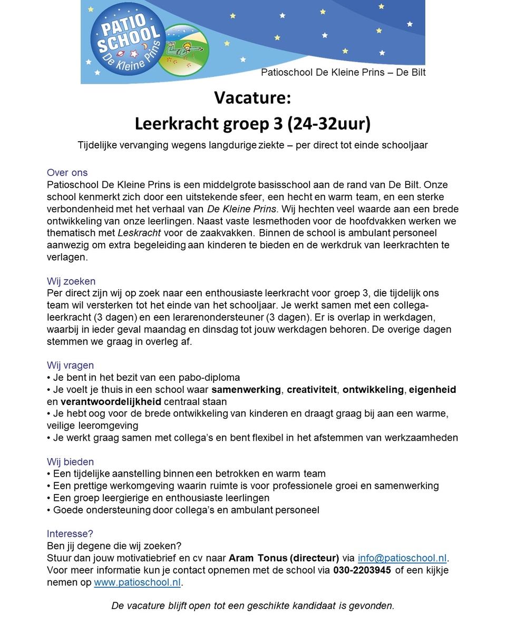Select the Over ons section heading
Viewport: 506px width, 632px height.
(x=67, y=173)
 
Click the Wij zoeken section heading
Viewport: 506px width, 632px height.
(x=71, y=281)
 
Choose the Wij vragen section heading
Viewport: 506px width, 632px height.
(x=70, y=366)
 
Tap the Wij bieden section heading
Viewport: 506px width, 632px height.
(x=70, y=462)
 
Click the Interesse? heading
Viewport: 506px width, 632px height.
(x=70, y=534)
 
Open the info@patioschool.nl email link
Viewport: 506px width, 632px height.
(x=402, y=558)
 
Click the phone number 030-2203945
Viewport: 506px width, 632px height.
(x=362, y=570)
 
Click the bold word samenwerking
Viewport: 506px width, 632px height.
(x=246, y=390)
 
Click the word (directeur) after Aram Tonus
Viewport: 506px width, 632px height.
(x=314, y=558)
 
